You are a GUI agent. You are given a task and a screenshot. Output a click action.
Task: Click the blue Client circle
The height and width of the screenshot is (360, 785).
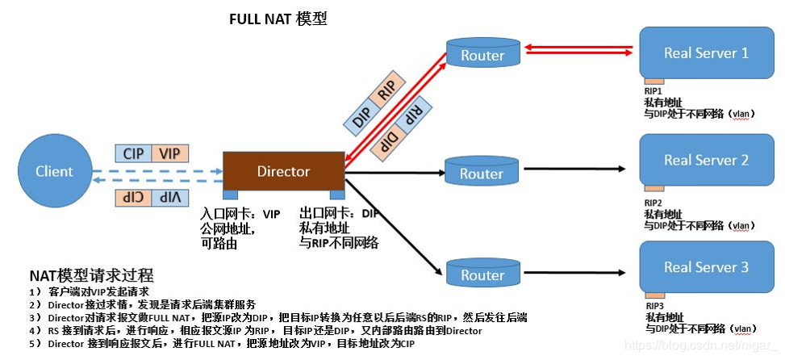pos(54,171)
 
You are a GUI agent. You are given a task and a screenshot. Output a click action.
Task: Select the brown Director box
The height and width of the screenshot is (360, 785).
pos(283,171)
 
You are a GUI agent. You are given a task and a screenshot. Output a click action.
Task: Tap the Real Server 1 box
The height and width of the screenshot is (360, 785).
pos(706,53)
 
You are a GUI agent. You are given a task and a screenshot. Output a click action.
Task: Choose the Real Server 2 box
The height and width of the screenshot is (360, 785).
pos(706,160)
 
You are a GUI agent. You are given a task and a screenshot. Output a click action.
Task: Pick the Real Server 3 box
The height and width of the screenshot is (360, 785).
pos(706,267)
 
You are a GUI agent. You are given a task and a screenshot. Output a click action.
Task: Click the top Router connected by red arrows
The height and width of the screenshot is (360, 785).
pos(482,55)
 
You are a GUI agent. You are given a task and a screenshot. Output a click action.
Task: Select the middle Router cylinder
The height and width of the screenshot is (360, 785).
pos(482,173)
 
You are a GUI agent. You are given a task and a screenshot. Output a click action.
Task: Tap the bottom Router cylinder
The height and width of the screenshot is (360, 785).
pos(482,274)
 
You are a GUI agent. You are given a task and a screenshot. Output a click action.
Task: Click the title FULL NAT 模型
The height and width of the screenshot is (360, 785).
pos(278,19)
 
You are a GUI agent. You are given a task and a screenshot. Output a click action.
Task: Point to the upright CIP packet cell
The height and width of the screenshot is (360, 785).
pos(133,153)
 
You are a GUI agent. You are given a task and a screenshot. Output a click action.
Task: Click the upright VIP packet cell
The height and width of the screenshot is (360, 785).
pos(169,153)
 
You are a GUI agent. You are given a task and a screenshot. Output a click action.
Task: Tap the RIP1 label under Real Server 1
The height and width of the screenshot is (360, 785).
pos(654,92)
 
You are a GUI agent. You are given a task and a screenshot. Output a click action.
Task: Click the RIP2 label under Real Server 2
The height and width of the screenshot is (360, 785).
pos(654,202)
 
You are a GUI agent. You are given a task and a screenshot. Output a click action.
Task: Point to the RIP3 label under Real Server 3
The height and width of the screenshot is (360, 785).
pos(654,307)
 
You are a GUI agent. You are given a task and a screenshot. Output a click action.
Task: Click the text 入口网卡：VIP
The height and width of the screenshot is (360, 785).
pos(240,215)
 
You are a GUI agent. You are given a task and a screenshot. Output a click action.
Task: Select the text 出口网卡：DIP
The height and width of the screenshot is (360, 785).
pos(339,215)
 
